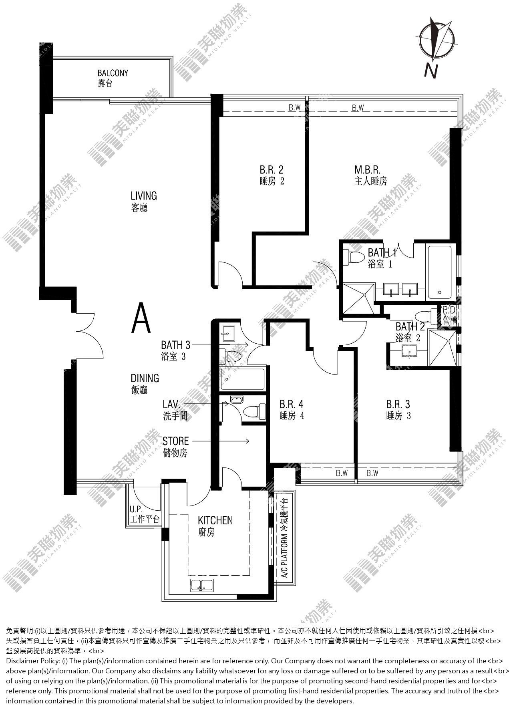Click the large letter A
(142, 318)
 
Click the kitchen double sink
(201, 584)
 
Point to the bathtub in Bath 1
(440, 272)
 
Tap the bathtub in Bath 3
(243, 379)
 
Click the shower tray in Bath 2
(443, 347)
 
